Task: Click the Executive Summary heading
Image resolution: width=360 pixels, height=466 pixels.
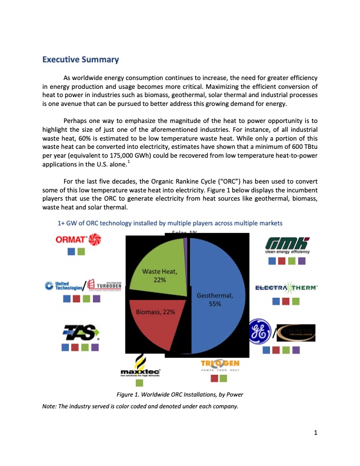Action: point(81,59)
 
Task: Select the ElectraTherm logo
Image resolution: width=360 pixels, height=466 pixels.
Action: point(286,288)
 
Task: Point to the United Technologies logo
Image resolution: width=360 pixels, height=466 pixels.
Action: point(64,285)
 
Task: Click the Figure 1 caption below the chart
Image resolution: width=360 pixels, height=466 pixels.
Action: point(180,394)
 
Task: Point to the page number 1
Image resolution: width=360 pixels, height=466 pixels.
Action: point(316,434)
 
